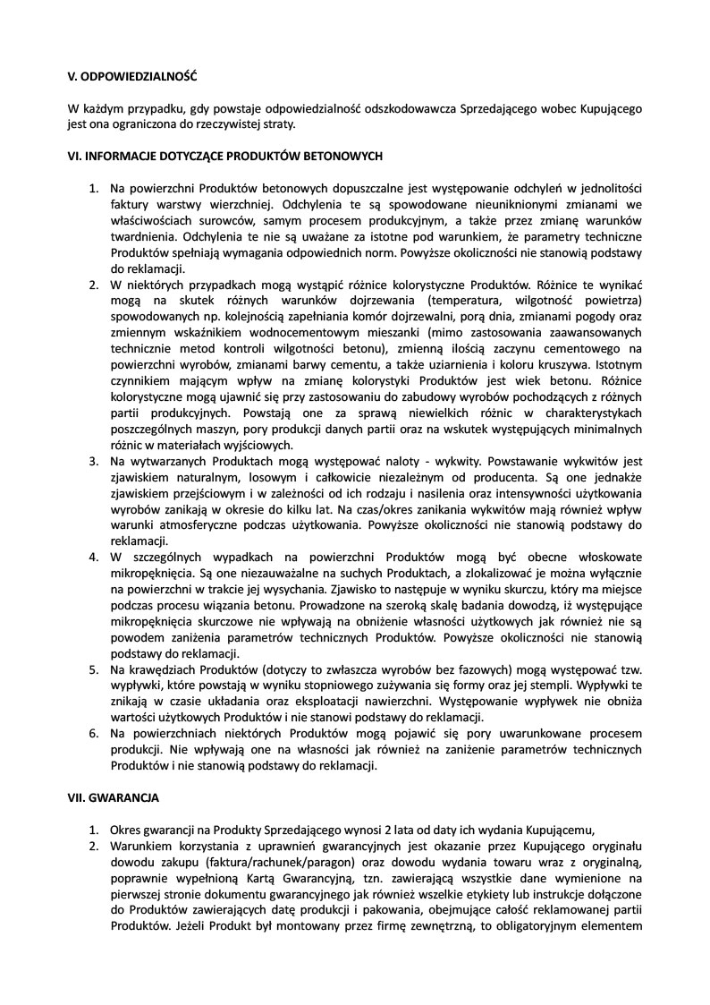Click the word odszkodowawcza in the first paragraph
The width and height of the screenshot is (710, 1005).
tap(409, 108)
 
